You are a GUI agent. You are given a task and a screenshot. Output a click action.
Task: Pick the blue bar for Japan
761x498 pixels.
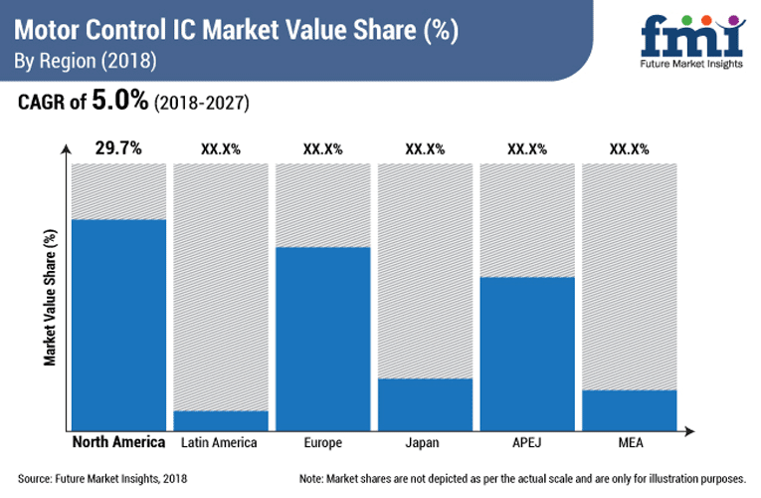425,402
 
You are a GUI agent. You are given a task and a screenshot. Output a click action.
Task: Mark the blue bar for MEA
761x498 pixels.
629,408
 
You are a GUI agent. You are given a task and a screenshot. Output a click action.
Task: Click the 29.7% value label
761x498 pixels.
118,148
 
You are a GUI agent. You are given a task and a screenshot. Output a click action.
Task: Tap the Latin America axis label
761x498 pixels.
220,442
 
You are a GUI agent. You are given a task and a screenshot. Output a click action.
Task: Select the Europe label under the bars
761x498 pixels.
322,442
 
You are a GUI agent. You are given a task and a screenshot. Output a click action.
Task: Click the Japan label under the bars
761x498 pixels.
425,442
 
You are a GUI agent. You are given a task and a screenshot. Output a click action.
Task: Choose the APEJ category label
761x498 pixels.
527,442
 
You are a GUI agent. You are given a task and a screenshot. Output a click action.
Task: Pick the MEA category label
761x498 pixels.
629,442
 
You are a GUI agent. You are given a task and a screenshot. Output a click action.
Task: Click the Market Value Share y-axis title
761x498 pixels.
49,297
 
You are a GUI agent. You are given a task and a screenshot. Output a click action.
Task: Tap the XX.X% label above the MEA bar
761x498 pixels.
629,149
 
